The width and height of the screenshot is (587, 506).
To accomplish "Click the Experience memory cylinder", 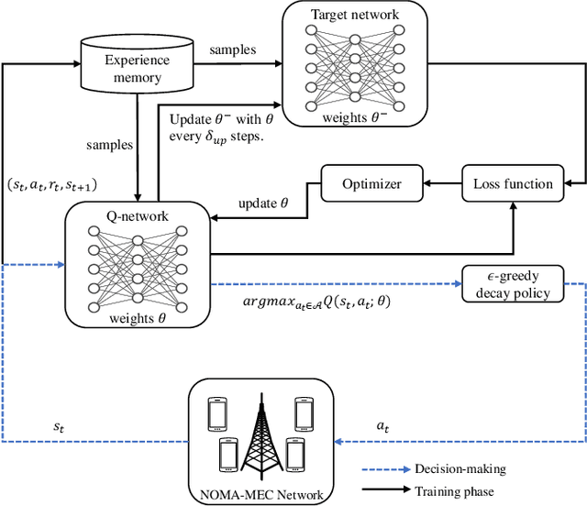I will (x=138, y=68).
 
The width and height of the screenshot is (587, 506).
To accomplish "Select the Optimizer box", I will (x=373, y=183).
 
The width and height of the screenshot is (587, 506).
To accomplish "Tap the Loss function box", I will (x=513, y=183).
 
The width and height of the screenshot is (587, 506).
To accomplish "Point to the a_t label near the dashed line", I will (x=385, y=426).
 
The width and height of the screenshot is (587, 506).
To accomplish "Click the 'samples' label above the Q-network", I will (x=109, y=146).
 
